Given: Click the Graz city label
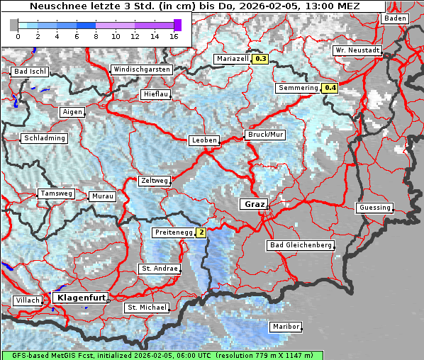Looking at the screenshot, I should tap(252, 204).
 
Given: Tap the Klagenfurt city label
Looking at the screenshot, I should tap(80, 298).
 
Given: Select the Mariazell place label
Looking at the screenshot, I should tap(233, 59).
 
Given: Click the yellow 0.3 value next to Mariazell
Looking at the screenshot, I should tap(260, 59).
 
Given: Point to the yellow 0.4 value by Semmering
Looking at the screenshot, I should tap(330, 88).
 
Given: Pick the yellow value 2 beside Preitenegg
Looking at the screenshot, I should tap(201, 232).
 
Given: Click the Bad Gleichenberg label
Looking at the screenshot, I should tap(300, 245).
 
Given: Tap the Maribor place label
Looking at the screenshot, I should tap(286, 327).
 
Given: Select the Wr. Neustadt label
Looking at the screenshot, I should tap(357, 50).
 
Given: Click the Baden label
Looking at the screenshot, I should tap(395, 18).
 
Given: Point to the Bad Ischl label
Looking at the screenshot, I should tap(30, 72).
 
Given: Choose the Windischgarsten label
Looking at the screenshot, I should tap(141, 69).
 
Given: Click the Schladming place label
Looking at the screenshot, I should tap(45, 138).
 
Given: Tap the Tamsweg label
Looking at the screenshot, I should tap(56, 193).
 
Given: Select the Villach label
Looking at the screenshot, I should tap(27, 300).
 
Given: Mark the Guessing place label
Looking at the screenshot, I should tap(374, 208).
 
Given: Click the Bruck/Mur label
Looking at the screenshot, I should tap(264, 134).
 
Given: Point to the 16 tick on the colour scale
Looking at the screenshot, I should tap(174, 36).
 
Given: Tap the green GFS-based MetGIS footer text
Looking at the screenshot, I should tap(162, 355).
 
